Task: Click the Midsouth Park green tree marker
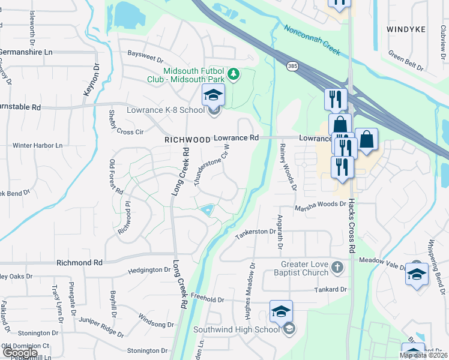point(236,74)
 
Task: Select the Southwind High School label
point(236,329)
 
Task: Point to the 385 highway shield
point(292,65)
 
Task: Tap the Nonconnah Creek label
point(312,40)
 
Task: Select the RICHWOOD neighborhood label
point(188,139)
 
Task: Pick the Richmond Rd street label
point(79,263)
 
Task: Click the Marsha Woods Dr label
point(320,205)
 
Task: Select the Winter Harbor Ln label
point(37,145)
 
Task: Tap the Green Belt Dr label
point(407,59)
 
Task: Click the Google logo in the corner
point(19,353)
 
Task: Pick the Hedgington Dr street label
point(149,271)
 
